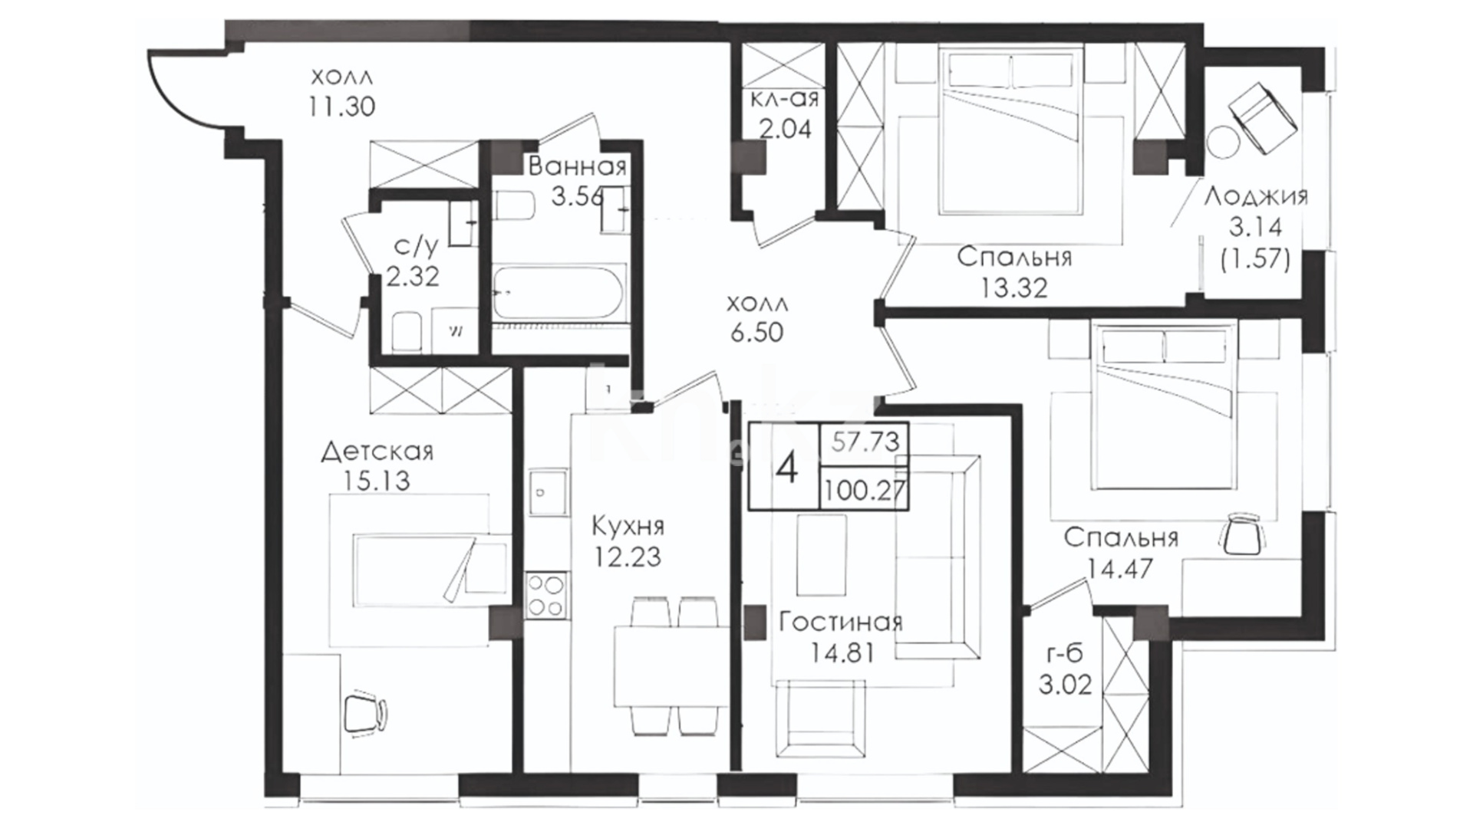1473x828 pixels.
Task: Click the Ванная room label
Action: pyautogui.click(x=578, y=166)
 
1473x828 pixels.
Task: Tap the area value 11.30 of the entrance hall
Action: pyautogui.click(x=342, y=107)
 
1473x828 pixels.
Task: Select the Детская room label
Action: pyautogui.click(x=377, y=451)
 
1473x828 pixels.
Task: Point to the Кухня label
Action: pyautogui.click(x=628, y=527)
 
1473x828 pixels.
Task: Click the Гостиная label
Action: pyautogui.click(x=840, y=622)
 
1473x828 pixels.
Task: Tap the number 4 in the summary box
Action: pyautogui.click(x=787, y=468)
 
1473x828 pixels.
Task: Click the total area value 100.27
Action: pyautogui.click(x=865, y=490)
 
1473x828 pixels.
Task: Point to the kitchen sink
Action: pyautogui.click(x=546, y=493)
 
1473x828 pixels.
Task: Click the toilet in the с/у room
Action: pyautogui.click(x=406, y=332)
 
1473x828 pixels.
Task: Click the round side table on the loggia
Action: pyautogui.click(x=1222, y=141)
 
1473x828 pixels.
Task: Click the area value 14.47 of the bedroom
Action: pyautogui.click(x=1120, y=568)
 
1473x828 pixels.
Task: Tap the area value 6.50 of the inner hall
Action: pyautogui.click(x=756, y=333)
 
